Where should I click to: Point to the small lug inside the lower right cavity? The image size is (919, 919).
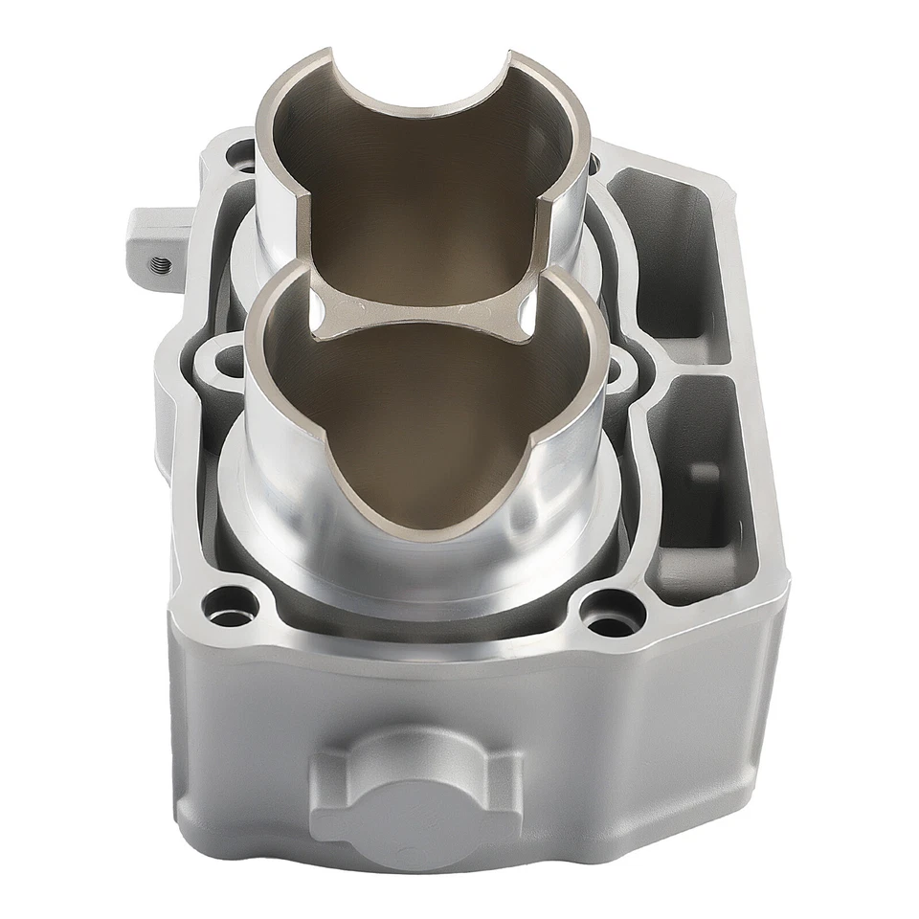click(703, 471)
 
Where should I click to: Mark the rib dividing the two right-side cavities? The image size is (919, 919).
click(687, 359)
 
